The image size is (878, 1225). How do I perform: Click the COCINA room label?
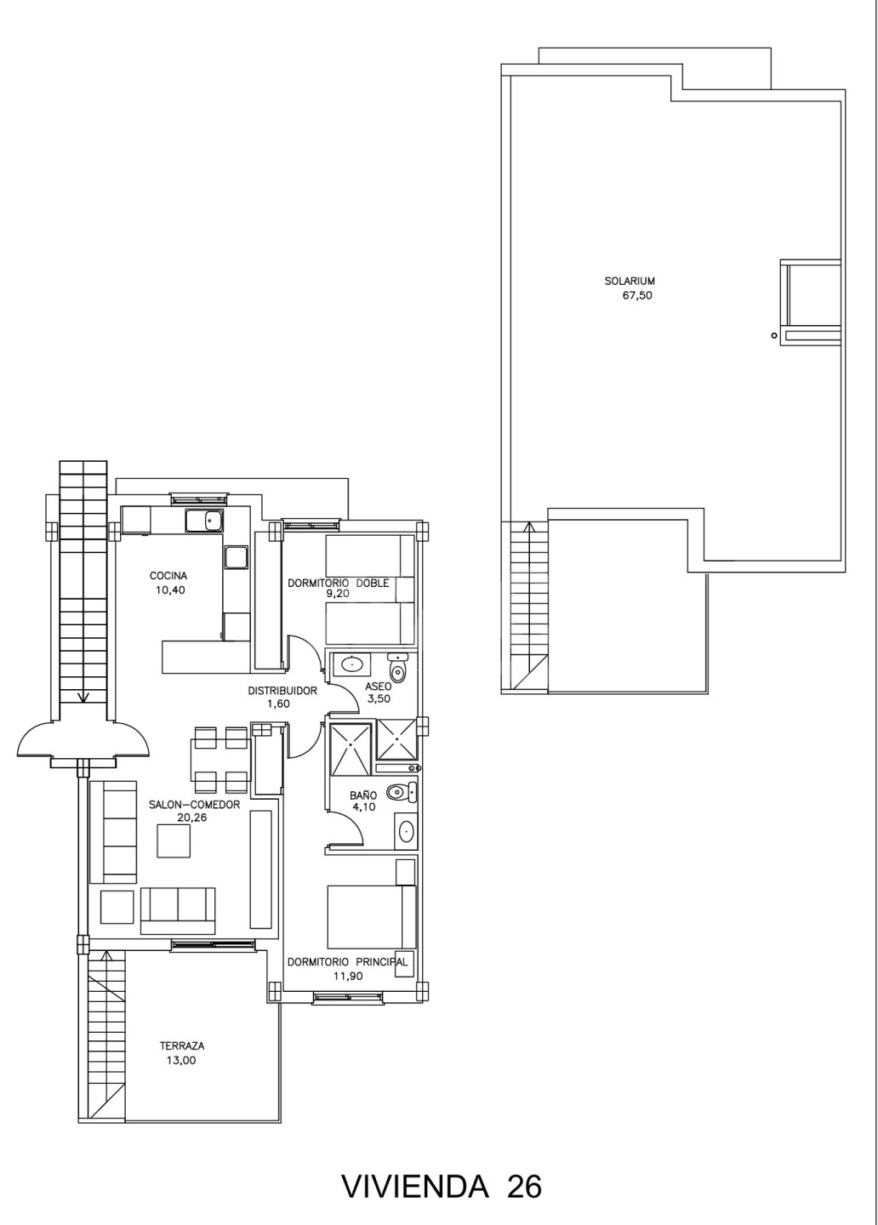(x=168, y=576)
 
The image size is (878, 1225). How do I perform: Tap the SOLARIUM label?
(x=630, y=282)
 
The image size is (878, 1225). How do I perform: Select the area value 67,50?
(x=638, y=296)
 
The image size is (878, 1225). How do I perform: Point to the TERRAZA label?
(x=182, y=1046)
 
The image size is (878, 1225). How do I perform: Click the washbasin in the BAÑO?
(x=405, y=832)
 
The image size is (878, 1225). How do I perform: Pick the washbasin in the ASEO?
(x=348, y=665)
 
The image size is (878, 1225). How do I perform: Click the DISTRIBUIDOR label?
(x=282, y=691)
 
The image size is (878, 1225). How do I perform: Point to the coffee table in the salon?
(x=174, y=840)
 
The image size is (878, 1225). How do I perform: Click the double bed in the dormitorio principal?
(x=372, y=917)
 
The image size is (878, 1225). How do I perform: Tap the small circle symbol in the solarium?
(x=773, y=336)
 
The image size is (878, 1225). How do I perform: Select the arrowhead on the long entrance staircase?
(x=83, y=697)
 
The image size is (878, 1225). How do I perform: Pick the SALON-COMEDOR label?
(x=194, y=805)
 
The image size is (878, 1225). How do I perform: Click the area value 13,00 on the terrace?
(x=181, y=1060)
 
